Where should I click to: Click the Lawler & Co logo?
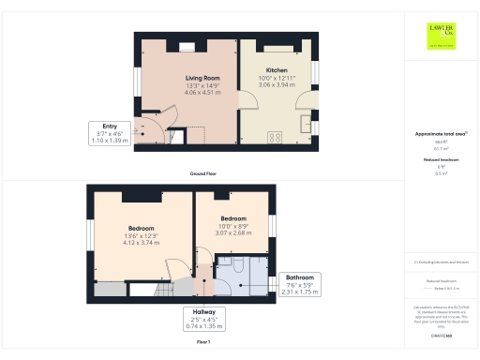[441, 35]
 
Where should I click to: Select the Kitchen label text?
[277, 70]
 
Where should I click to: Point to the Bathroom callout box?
[300, 284]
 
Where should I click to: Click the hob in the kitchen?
[275, 137]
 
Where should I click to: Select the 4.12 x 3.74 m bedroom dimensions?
[142, 242]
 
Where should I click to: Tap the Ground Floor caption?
[202, 174]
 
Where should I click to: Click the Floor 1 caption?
[202, 343]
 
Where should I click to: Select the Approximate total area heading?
[440, 134]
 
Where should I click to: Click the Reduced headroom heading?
[440, 160]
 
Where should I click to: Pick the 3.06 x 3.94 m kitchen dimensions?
[277, 85]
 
